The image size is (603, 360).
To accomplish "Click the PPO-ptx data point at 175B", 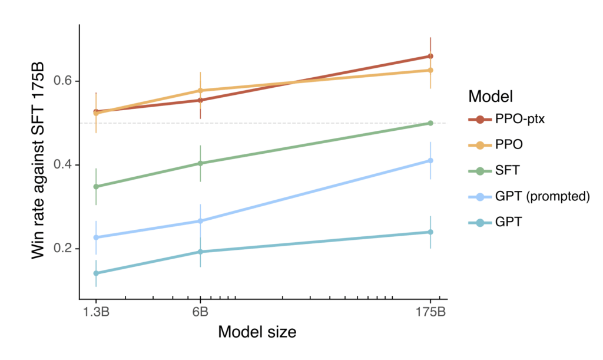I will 430,57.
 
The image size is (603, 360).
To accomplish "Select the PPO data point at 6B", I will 200,91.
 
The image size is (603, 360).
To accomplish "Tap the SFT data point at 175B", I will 430,123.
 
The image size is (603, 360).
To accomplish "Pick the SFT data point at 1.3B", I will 96,187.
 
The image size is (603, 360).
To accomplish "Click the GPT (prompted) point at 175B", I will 430,160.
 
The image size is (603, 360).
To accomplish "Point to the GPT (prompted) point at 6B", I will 200,221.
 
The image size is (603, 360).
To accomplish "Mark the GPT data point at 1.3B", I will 96,273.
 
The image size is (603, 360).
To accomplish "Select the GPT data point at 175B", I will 430,232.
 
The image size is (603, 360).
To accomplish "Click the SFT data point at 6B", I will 200,163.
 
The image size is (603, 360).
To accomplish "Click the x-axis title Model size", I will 257,332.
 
